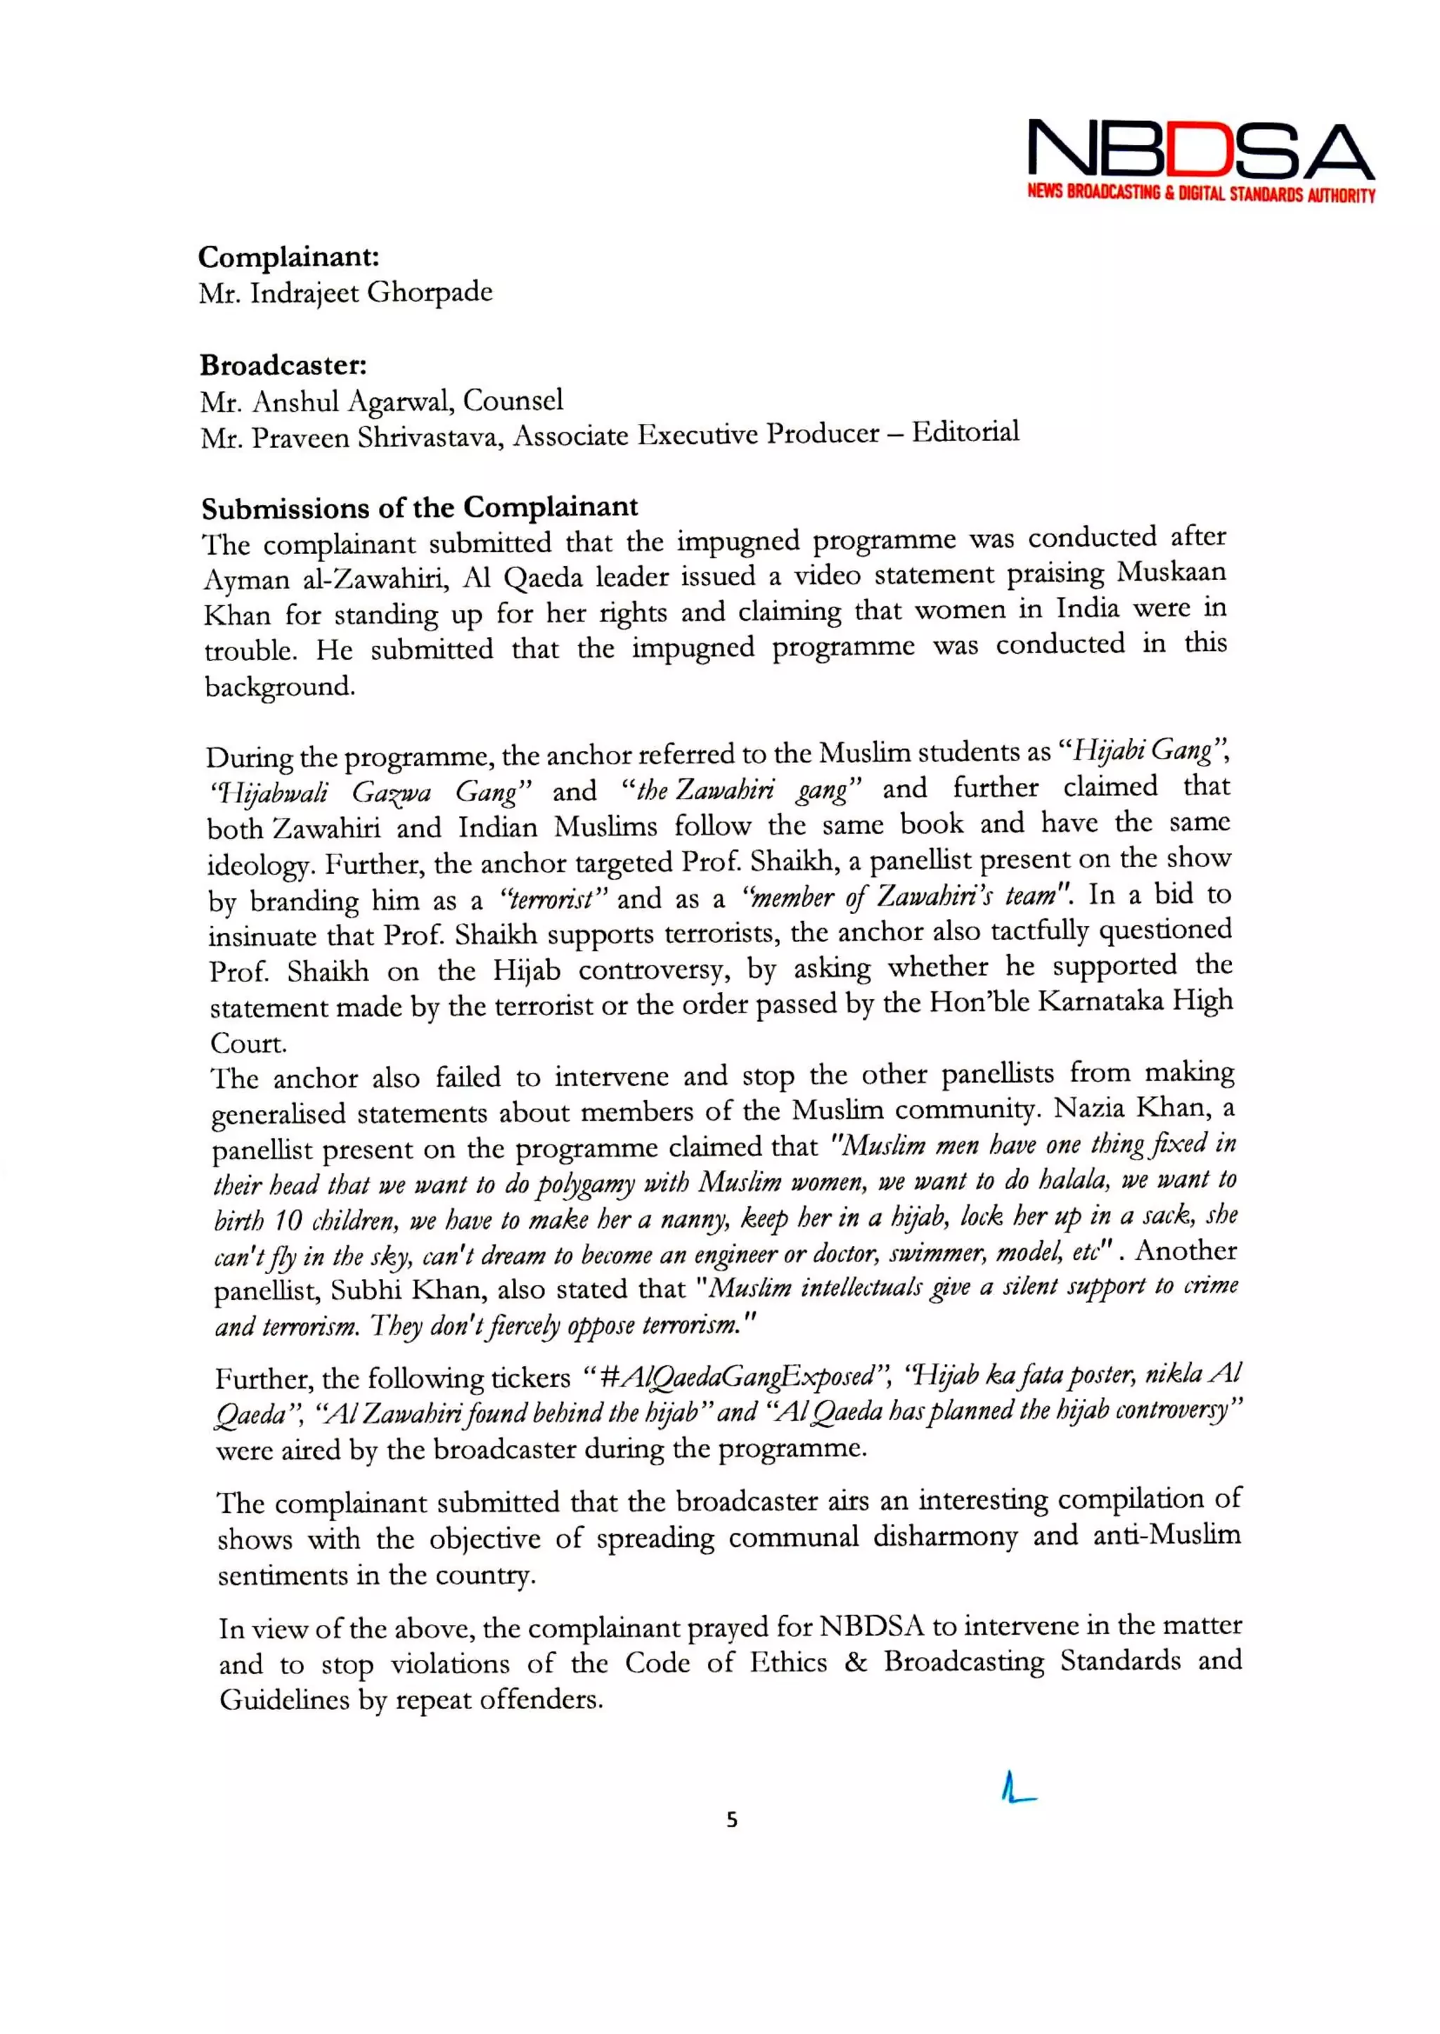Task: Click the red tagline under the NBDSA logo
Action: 1201,193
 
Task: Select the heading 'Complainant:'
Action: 289,257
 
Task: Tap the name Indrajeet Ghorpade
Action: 371,292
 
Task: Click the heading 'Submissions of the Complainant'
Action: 419,508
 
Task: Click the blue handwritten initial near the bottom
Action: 1016,1787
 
